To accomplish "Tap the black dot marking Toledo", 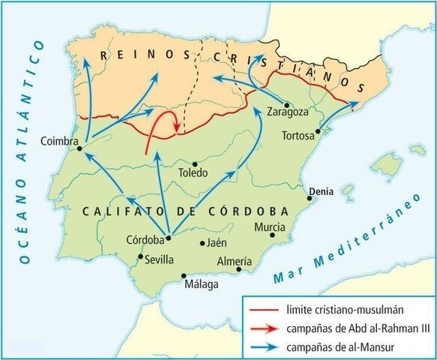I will tap(194, 163).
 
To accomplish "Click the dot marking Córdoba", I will tap(169, 238).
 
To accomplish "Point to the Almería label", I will tap(234, 262).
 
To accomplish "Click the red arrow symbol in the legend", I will tap(264, 328).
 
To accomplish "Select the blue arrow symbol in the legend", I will tap(264, 346).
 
